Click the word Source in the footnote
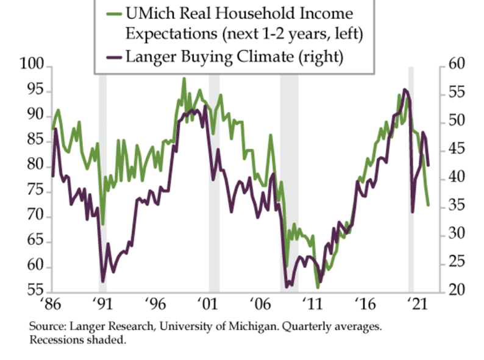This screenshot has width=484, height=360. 43,327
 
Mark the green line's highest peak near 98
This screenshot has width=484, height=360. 183,79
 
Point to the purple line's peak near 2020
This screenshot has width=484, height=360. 405,90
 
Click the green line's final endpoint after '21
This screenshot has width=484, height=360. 428,205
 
